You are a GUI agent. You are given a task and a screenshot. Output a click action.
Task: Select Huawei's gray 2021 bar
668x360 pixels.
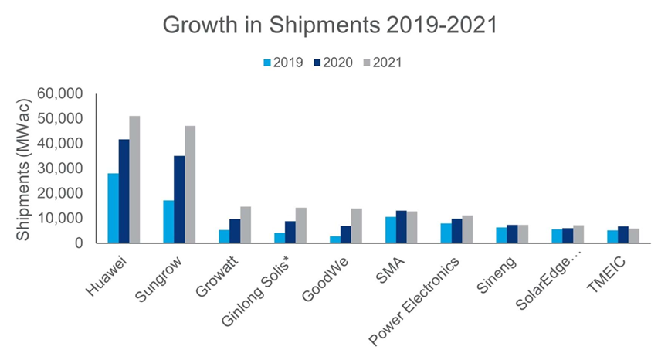(134, 180)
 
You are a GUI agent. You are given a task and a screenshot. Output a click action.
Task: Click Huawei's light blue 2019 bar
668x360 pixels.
(113, 208)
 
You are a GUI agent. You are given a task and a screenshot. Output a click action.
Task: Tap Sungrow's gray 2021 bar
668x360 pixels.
(190, 185)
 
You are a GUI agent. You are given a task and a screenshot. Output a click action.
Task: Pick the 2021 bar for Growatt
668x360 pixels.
(246, 225)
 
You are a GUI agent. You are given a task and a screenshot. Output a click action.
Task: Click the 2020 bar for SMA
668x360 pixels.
(401, 227)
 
